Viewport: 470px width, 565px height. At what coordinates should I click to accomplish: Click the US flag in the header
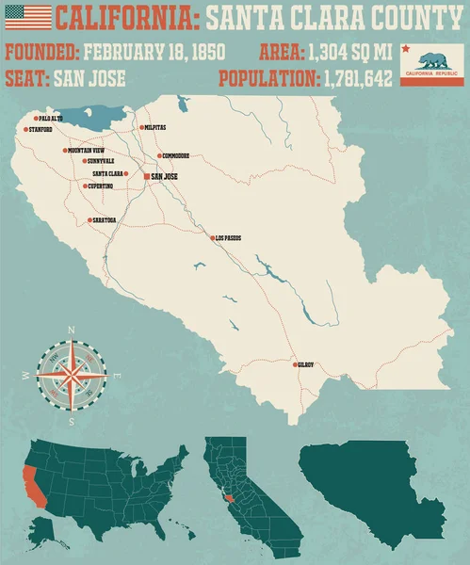point(28,17)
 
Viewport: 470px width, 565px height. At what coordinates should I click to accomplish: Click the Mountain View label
point(86,151)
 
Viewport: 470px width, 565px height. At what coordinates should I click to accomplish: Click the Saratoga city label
point(105,219)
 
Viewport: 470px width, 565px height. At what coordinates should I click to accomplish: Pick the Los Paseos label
point(228,238)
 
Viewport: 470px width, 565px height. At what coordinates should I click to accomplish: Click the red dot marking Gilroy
point(296,364)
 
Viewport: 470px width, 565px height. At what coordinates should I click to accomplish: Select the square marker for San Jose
point(146,176)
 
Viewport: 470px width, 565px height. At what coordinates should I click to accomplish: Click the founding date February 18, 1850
point(154,51)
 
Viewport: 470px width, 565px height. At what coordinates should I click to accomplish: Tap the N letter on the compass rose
point(71,330)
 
